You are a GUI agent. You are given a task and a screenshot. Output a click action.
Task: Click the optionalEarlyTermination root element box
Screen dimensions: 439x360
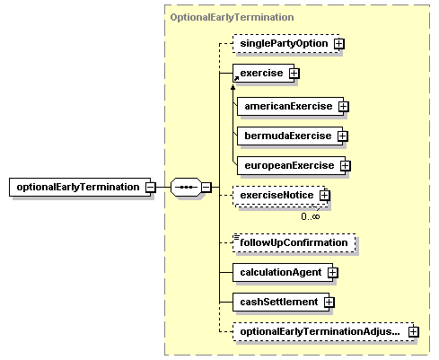pyautogui.click(x=80, y=188)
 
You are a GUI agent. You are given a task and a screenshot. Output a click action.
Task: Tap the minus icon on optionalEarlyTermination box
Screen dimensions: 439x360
pyautogui.click(x=151, y=188)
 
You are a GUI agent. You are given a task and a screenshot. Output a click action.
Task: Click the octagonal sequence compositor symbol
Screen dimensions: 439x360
pyautogui.click(x=186, y=188)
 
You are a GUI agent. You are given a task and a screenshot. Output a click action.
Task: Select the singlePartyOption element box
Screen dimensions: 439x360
pyautogui.click(x=286, y=44)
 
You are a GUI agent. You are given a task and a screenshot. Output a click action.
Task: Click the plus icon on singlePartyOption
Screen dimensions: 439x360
pyautogui.click(x=339, y=44)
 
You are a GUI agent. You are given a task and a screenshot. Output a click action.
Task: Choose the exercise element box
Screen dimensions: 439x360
pyautogui.click(x=263, y=73)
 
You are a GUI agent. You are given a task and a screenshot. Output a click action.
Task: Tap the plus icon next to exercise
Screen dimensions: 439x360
pyautogui.click(x=294, y=73)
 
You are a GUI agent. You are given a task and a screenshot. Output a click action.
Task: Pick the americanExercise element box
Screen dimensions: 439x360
pyautogui.click(x=290, y=106)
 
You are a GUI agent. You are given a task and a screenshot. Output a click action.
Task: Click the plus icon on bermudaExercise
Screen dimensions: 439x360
pyautogui.click(x=343, y=136)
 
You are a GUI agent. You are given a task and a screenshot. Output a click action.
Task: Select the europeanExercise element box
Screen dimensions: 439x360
pyautogui.click(x=291, y=165)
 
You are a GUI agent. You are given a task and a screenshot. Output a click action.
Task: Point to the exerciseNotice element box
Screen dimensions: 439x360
pyautogui.click(x=279, y=196)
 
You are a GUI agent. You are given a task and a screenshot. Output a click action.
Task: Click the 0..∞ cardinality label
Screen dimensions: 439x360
pyautogui.click(x=311, y=216)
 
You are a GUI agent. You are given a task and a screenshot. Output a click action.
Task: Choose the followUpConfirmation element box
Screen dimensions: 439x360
pyautogui.click(x=294, y=242)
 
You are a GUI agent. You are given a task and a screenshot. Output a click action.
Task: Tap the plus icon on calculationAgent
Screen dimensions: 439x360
pyautogui.click(x=332, y=272)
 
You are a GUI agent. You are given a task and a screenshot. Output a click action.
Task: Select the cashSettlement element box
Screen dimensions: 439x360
pyautogui.click(x=281, y=302)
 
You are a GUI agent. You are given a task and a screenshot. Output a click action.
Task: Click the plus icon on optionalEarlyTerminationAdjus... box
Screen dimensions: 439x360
pyautogui.click(x=414, y=331)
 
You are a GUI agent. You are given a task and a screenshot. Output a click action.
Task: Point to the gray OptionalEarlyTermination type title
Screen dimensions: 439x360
pyautogui.click(x=232, y=17)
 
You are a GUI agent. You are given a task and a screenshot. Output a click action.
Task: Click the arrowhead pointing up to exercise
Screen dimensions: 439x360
pyautogui.click(x=233, y=87)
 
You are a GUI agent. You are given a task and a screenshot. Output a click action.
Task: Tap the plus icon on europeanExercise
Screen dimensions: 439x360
pyautogui.click(x=346, y=165)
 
